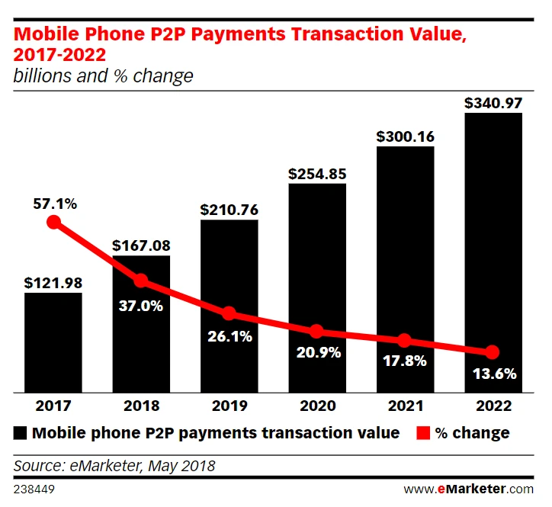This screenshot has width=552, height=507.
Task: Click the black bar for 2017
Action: (53, 343)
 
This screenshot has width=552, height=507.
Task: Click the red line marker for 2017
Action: (53, 222)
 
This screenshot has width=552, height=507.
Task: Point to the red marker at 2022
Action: (493, 352)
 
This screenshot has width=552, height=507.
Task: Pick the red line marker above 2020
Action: (316, 332)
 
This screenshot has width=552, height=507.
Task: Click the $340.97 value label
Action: (493, 101)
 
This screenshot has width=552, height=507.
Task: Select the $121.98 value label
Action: (53, 283)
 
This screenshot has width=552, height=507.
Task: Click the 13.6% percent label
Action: (493, 374)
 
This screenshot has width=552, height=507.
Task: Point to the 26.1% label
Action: (229, 335)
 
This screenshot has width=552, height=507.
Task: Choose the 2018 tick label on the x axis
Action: (141, 406)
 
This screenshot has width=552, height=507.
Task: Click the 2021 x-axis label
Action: (404, 406)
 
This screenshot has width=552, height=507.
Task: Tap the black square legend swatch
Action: (21, 433)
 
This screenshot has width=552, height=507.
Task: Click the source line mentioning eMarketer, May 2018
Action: (114, 465)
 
